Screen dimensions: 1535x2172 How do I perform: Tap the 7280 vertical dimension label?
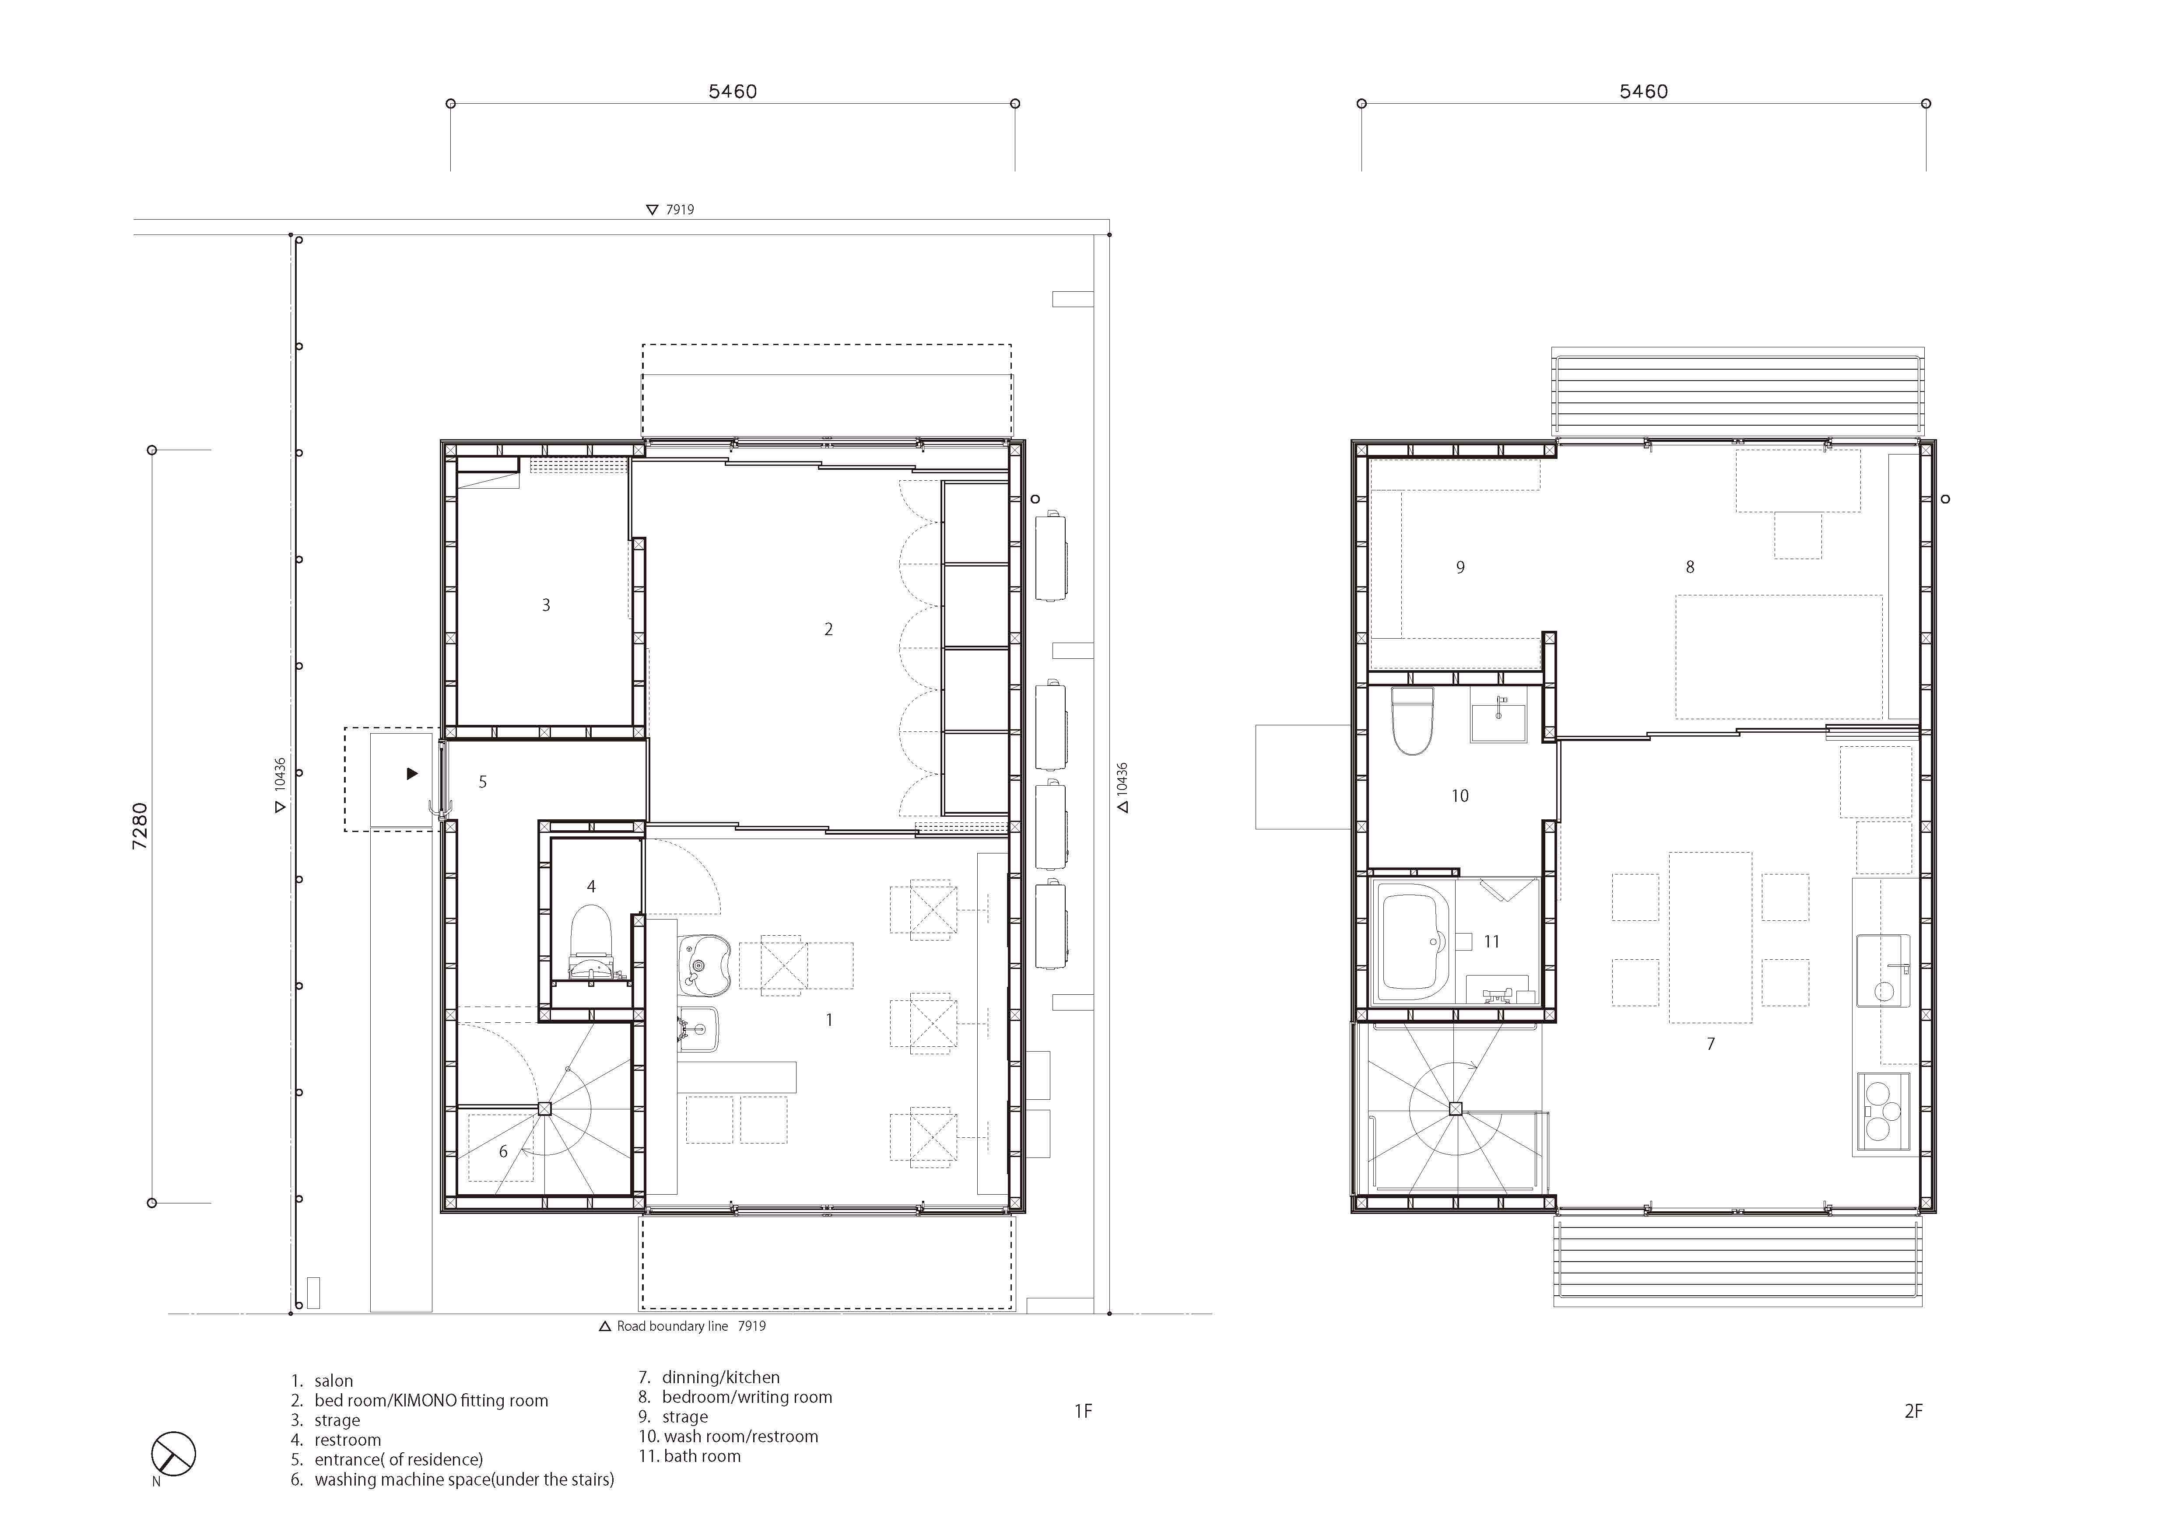tap(140, 825)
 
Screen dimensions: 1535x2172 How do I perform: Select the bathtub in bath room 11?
tap(1415, 941)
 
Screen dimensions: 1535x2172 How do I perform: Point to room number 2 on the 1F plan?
tap(829, 629)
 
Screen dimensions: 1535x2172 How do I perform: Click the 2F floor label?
tap(1913, 1411)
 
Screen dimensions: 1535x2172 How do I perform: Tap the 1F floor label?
tap(1083, 1411)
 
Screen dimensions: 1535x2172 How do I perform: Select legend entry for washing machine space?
tap(463, 1479)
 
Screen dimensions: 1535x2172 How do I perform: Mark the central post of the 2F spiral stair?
tap(1455, 1109)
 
